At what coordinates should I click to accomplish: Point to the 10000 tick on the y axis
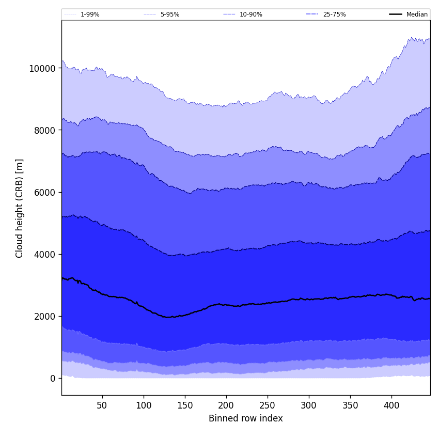click(x=43, y=69)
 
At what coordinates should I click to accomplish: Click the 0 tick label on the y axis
click(x=53, y=379)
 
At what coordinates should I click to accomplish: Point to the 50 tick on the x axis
click(x=102, y=406)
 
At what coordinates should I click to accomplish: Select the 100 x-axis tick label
click(x=144, y=406)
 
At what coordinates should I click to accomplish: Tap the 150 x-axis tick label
click(x=185, y=406)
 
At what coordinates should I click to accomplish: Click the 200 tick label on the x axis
click(x=226, y=406)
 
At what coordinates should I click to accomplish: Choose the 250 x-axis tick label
click(x=268, y=406)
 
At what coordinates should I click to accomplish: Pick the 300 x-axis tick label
click(x=309, y=406)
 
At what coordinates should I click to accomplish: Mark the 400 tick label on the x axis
click(x=391, y=406)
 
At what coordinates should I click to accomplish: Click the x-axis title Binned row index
click(x=246, y=419)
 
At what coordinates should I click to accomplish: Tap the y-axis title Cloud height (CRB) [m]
click(x=20, y=208)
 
